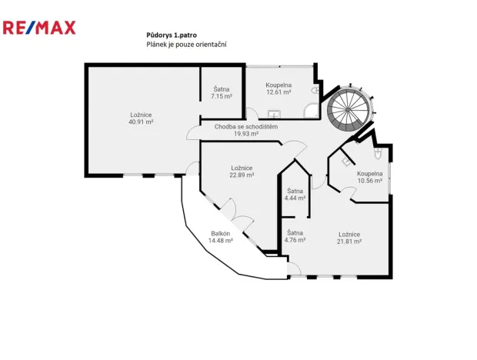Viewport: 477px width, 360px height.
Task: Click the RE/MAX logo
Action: [x=39, y=28]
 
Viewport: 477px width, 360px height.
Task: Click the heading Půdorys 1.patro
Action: [x=171, y=35]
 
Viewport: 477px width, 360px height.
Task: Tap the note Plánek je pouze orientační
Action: [x=185, y=45]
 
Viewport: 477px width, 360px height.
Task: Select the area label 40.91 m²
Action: [x=141, y=122]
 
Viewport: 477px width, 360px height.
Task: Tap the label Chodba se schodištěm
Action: [x=245, y=127]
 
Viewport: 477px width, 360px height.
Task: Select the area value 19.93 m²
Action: [x=245, y=134]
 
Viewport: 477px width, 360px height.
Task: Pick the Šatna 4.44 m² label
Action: [x=295, y=194]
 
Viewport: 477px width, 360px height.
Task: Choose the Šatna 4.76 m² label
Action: [x=295, y=236]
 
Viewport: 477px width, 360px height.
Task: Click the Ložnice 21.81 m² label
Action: [x=349, y=237]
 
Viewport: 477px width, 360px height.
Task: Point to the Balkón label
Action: [x=220, y=233]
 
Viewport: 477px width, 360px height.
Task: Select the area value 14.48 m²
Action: [x=220, y=241]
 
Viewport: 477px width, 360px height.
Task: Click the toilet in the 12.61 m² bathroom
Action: [x=315, y=90]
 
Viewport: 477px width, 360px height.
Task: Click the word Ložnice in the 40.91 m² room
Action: [x=141, y=115]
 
